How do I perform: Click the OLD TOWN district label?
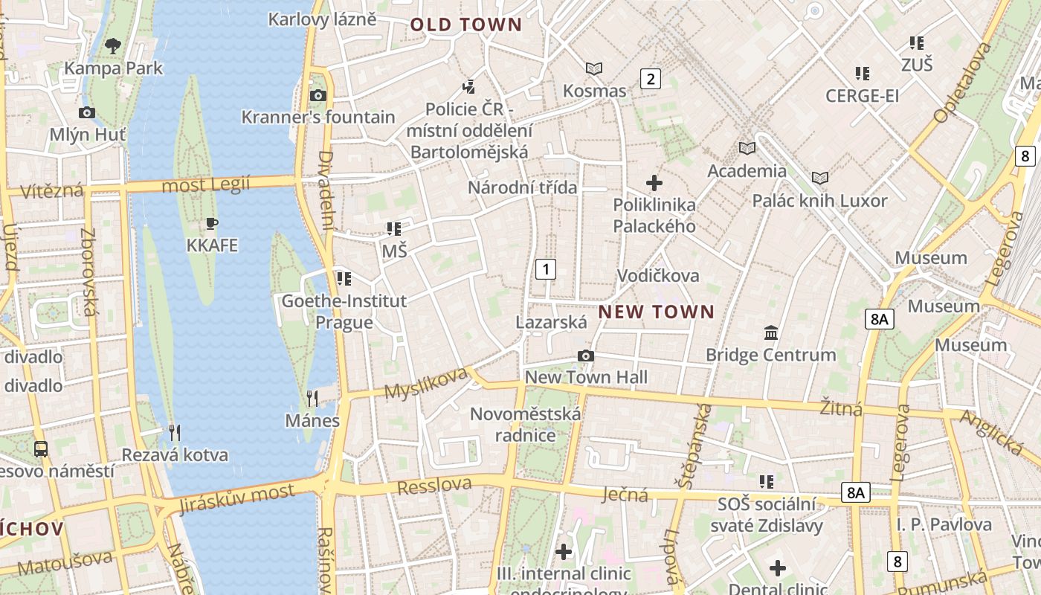[466, 25]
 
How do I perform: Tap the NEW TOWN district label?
[656, 312]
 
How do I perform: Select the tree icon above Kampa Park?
[113, 46]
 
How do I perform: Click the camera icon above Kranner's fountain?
[318, 95]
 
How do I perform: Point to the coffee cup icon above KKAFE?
[212, 223]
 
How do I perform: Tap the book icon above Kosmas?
[593, 69]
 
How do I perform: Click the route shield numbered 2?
[651, 78]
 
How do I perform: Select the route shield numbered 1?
[546, 268]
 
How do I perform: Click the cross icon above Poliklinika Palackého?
[654, 182]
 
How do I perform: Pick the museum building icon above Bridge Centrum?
[771, 332]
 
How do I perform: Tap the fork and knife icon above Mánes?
[312, 399]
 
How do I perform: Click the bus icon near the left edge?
[41, 448]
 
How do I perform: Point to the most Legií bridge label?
[206, 184]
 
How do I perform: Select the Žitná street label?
[841, 408]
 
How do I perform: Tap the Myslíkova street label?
[425, 382]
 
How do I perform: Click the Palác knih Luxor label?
[819, 201]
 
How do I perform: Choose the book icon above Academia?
[747, 148]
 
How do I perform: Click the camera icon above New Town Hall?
[586, 356]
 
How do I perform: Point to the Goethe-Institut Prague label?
[344, 312]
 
